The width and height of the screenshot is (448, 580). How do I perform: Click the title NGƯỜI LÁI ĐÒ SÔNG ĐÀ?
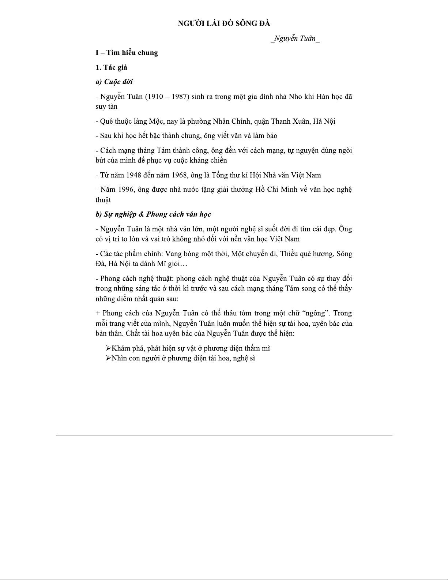coord(224,24)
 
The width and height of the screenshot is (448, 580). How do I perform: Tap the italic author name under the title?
coord(295,39)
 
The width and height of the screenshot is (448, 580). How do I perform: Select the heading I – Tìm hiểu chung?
coord(127,53)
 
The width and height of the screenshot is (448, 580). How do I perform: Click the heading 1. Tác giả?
coord(111,67)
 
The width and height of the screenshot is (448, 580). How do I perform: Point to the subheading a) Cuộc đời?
coord(114,82)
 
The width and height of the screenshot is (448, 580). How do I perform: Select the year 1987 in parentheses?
coord(178,97)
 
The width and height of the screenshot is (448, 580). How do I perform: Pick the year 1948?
coord(134,175)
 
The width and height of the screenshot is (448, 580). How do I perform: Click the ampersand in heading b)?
coord(141,214)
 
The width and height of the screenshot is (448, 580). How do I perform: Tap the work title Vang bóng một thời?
coord(196,254)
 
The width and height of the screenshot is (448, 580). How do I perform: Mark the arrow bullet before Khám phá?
coord(108,348)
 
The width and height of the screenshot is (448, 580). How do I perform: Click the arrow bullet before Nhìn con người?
coord(108,358)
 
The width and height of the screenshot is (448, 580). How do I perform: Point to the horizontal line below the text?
coord(224,435)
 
